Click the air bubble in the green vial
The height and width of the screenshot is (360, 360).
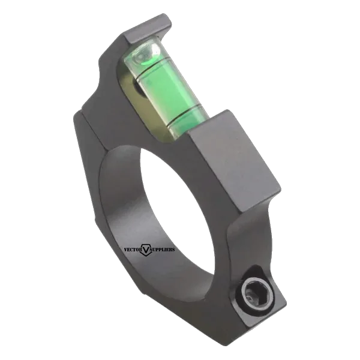(143, 55)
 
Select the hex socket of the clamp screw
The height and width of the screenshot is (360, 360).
(252, 290)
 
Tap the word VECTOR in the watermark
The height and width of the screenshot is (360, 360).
(133, 250)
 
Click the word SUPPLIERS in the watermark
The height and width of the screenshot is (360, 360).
(163, 250)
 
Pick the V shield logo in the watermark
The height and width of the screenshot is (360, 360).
(146, 250)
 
